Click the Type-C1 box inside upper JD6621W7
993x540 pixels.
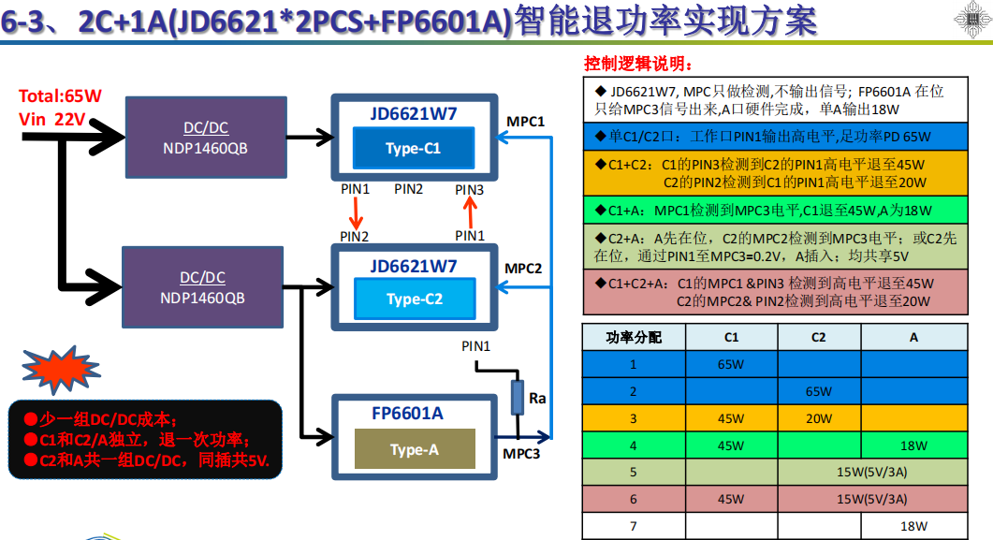(x=413, y=148)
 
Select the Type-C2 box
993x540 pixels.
(x=414, y=299)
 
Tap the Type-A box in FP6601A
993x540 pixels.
(x=414, y=450)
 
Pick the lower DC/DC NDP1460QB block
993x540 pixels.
(x=202, y=288)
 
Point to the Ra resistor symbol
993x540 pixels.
(x=517, y=398)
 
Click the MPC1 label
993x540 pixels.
(x=525, y=122)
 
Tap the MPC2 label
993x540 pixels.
(x=524, y=269)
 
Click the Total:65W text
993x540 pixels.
(x=60, y=96)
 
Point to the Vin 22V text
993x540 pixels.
(x=51, y=119)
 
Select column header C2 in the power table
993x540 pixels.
(x=818, y=337)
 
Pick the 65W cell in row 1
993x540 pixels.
(x=731, y=364)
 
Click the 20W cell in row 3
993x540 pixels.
(x=818, y=418)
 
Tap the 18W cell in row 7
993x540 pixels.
(x=913, y=527)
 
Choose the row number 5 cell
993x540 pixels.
(x=633, y=473)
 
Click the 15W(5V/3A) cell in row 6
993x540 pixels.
(x=870, y=499)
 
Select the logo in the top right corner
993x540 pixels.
(x=971, y=21)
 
